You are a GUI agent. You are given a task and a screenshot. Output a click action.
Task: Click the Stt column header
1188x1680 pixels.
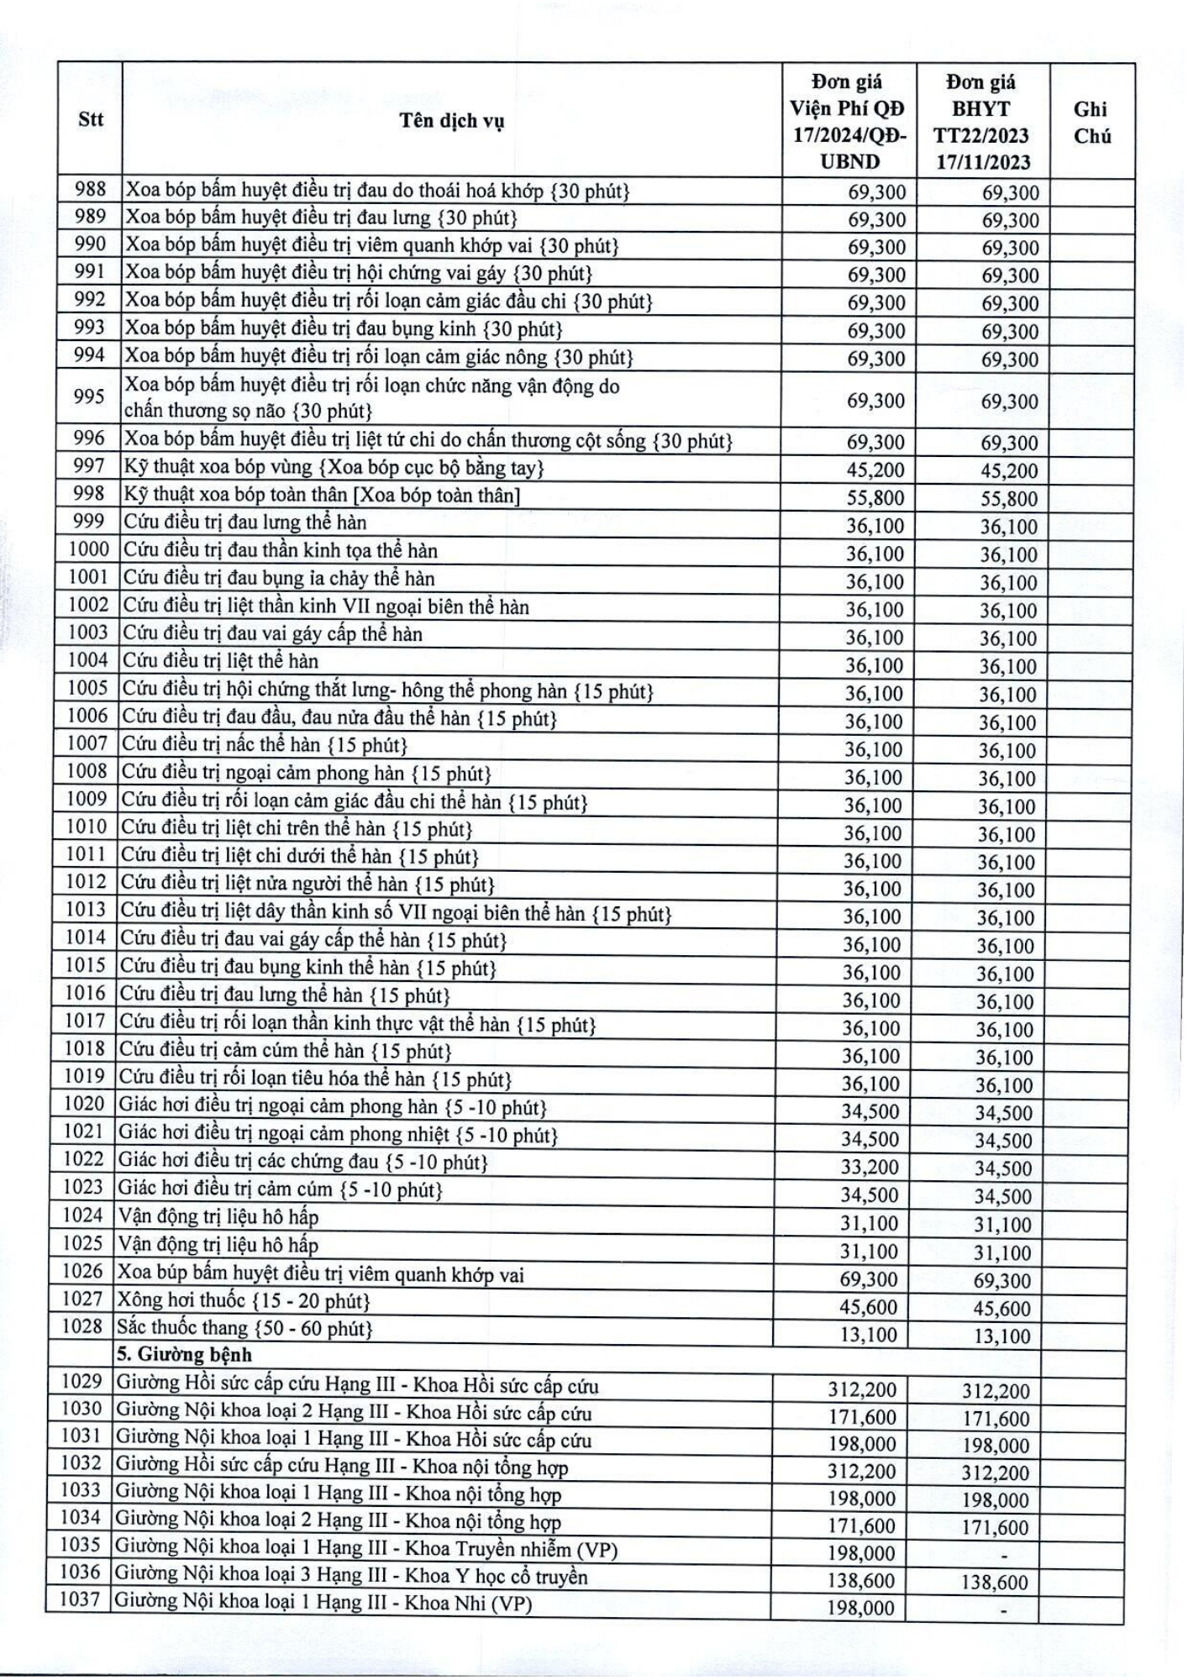[x=90, y=119]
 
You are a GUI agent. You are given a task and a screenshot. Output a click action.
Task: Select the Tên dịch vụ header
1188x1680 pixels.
[x=451, y=121]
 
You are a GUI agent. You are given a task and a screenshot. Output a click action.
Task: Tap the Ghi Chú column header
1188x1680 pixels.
[x=1091, y=122]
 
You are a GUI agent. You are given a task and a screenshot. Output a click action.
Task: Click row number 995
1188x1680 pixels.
[x=89, y=396]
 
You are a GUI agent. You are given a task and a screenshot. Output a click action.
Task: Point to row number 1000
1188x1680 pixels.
[x=88, y=549]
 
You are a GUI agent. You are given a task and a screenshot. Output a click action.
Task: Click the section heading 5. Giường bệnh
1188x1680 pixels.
[x=184, y=1354]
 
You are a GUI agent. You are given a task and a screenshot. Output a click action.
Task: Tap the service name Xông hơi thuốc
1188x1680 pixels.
[x=244, y=1301]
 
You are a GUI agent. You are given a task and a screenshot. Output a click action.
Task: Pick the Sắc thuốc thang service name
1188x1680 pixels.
[x=244, y=1328]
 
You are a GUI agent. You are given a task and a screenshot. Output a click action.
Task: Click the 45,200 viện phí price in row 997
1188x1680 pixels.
[x=875, y=470]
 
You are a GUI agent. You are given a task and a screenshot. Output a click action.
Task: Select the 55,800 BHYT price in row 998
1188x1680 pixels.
[x=1009, y=498]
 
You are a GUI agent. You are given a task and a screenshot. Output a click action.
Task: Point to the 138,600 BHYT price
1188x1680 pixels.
[x=995, y=1583]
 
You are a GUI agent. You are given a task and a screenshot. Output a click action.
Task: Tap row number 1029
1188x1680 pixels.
[x=81, y=1381]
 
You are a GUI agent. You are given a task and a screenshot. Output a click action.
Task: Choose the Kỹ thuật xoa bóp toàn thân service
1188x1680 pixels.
[x=322, y=495]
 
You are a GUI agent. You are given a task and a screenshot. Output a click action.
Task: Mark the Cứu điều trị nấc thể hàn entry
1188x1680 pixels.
[x=265, y=745]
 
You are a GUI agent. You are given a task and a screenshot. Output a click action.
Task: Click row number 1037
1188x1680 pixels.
[x=80, y=1601]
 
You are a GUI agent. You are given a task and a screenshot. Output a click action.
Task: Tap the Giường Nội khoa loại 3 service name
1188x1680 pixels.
[x=350, y=1577]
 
